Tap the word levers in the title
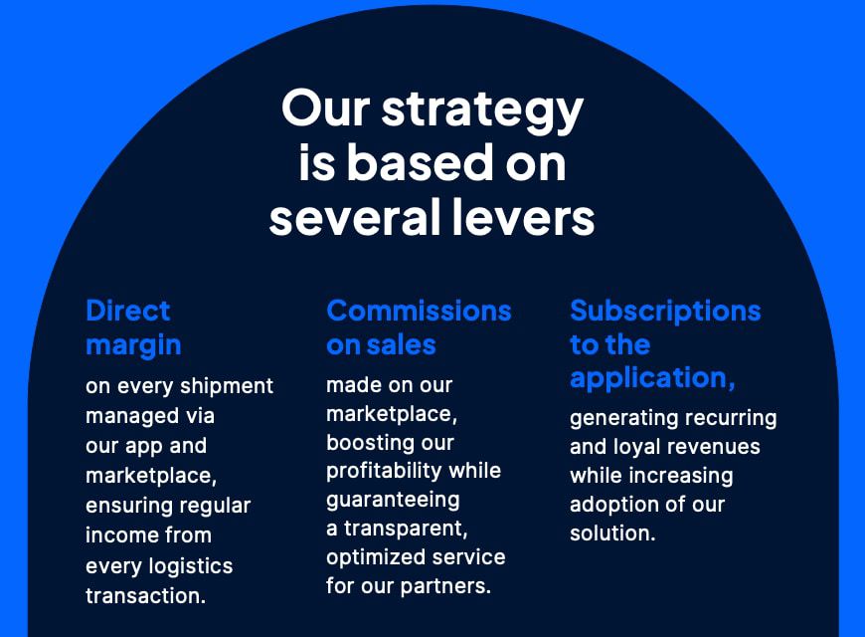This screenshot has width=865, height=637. pyautogui.click(x=523, y=217)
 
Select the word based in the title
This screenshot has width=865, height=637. pyautogui.click(x=420, y=162)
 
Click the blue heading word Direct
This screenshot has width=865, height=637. pyautogui.click(x=128, y=311)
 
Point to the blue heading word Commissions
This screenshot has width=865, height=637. pyautogui.click(x=419, y=311)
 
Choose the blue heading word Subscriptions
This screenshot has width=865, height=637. pyautogui.click(x=665, y=313)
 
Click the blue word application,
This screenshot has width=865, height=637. pyautogui.click(x=652, y=379)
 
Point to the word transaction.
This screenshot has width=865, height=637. pyautogui.click(x=145, y=596)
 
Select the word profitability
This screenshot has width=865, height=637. pyautogui.click(x=384, y=471)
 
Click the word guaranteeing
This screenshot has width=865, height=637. pyautogui.click(x=393, y=501)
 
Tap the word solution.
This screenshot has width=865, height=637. pyautogui.click(x=612, y=533)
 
